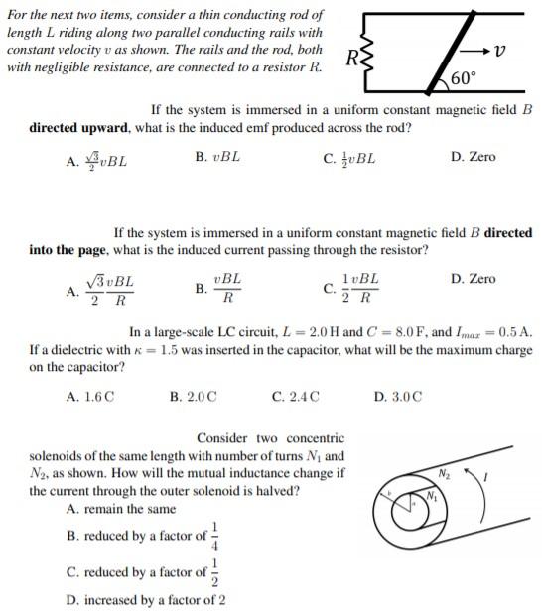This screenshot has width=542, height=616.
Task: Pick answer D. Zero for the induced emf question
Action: click(x=473, y=157)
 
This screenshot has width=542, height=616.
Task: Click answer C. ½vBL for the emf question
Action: click(x=349, y=158)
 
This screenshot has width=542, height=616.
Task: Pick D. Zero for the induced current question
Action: click(x=473, y=279)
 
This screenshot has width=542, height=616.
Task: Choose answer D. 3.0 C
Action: click(x=398, y=397)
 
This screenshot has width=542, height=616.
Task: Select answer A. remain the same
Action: click(x=120, y=509)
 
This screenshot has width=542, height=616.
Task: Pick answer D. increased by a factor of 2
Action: click(x=145, y=600)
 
